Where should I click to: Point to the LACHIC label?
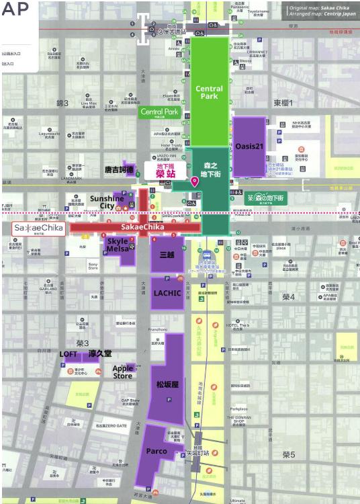167,293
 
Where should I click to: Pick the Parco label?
155,451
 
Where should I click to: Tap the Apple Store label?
122,372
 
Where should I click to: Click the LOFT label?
69,353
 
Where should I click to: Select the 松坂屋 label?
167,384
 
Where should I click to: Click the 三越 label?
167,256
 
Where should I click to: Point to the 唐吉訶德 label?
120,170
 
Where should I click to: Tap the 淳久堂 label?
100,353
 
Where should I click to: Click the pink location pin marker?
195,181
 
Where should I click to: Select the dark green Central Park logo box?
160,112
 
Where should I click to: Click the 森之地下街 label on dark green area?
211,170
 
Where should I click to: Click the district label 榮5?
288,455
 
